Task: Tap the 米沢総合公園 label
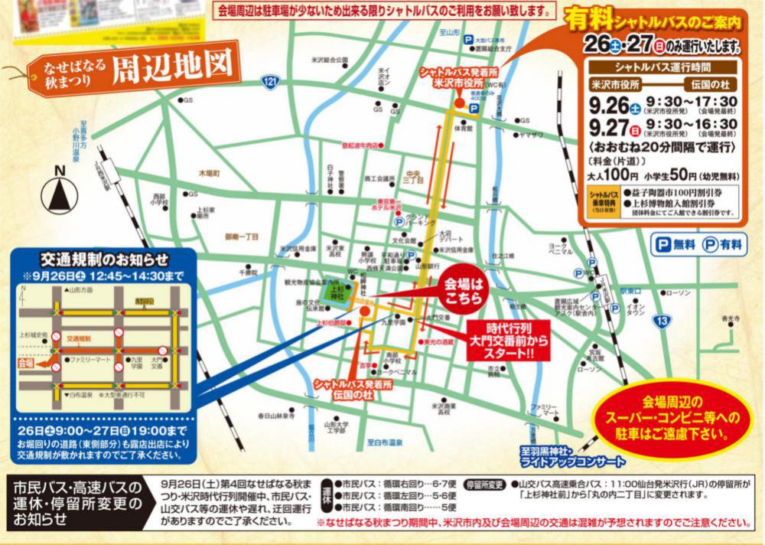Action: pyautogui.click(x=330, y=59)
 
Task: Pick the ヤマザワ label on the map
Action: pyautogui.click(x=530, y=135)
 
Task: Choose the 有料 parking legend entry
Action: pyautogui.click(x=722, y=245)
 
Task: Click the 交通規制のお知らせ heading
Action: pyautogui.click(x=104, y=259)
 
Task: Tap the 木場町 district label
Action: pyautogui.click(x=208, y=175)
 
